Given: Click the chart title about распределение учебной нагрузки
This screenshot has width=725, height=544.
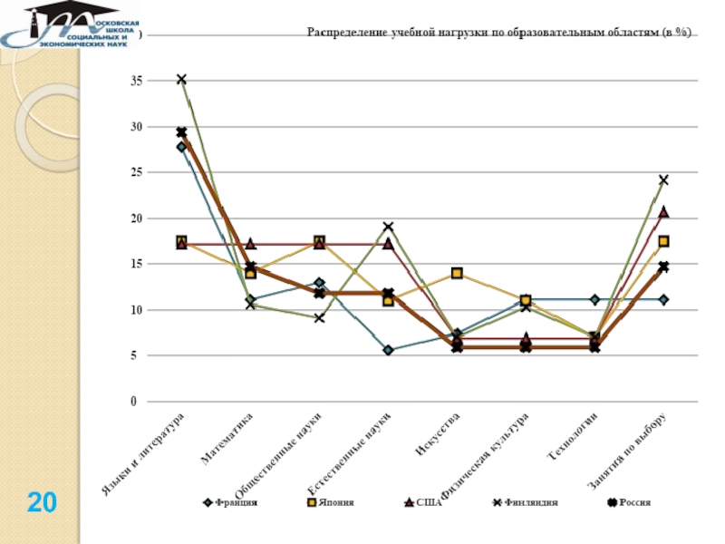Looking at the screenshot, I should tap(499, 34).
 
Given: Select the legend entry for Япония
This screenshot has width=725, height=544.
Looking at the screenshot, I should tap(337, 501).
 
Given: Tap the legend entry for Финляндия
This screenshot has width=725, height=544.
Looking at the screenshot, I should tap(527, 501).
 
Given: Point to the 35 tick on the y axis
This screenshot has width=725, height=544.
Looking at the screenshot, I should tap(136, 81).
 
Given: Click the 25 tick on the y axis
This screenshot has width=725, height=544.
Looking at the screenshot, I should tap(136, 172).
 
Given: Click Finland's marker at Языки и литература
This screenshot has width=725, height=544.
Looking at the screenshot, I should tap(181, 80).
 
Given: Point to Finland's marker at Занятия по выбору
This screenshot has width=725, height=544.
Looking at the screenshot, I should tap(663, 180).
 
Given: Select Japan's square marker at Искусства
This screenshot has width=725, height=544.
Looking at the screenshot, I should tap(457, 273).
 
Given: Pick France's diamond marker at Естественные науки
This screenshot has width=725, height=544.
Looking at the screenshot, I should tap(388, 350).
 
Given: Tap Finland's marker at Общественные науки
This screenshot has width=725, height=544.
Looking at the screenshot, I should tap(319, 317).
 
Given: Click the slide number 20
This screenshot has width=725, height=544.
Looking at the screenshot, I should tap(42, 500).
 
